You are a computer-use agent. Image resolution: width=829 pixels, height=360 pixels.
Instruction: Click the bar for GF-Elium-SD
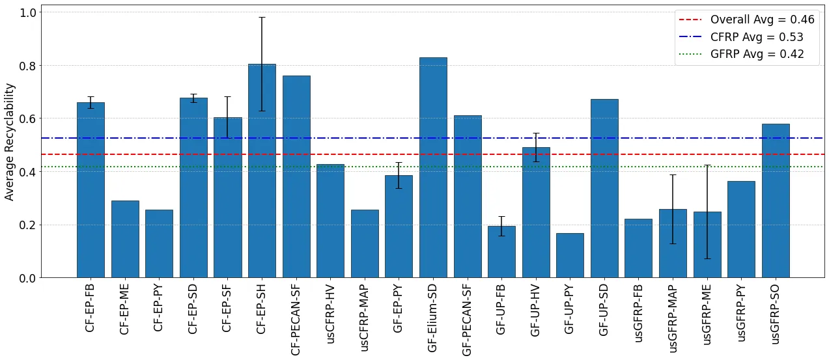(x=433, y=167)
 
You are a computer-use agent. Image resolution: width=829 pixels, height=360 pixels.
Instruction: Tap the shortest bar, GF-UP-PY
(x=570, y=255)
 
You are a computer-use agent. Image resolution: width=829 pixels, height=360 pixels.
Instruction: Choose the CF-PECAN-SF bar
(x=296, y=176)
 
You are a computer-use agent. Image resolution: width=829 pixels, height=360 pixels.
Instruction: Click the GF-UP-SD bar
(x=604, y=188)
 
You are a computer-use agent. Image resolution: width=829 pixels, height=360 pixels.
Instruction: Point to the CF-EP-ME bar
(x=125, y=239)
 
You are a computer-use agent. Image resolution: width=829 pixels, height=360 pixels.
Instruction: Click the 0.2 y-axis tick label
(x=28, y=225)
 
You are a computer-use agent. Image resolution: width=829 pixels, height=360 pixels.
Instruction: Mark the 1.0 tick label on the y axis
(x=28, y=12)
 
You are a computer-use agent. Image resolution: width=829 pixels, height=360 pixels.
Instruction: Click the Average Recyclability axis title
(x=9, y=141)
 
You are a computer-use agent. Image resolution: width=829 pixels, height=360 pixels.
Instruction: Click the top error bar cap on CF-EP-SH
(x=262, y=18)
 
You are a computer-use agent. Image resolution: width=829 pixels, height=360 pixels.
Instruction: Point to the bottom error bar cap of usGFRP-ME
(x=707, y=258)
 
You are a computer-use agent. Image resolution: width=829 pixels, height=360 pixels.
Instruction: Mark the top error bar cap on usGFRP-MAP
(x=673, y=174)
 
